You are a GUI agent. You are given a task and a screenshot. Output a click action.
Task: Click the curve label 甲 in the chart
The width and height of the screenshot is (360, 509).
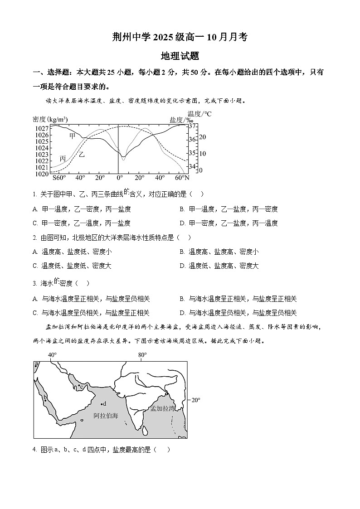73,136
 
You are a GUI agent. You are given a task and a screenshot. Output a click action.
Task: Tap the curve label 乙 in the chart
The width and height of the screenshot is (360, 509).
82,154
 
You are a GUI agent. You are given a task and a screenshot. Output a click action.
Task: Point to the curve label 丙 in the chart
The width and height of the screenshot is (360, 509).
63,159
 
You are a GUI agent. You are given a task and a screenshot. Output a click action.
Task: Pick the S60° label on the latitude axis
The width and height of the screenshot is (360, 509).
59,178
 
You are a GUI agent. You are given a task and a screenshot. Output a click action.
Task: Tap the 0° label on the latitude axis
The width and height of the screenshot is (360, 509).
119,178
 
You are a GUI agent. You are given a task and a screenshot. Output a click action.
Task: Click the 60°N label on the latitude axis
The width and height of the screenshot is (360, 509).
181,178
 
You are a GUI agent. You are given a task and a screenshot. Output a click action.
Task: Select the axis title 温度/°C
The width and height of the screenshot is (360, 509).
199,114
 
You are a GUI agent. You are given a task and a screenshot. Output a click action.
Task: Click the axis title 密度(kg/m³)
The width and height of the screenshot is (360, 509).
50,119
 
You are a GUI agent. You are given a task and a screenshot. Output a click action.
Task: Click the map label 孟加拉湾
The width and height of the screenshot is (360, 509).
162,408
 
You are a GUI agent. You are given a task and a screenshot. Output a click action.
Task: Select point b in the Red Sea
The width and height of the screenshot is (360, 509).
45,400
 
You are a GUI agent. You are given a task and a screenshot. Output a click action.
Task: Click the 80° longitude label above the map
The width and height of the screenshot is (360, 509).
142,355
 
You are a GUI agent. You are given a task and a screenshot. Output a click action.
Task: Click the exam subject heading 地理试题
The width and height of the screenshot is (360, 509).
180,56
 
